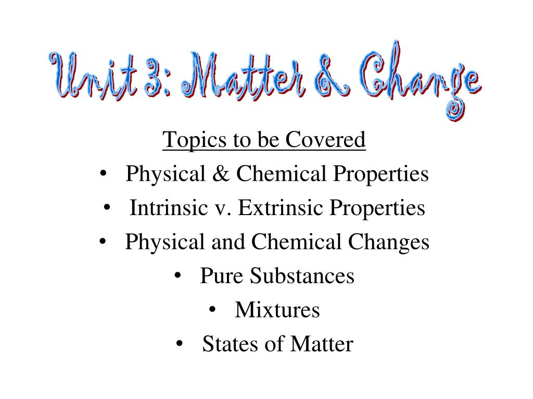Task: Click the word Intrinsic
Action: pyautogui.click(x=166, y=208)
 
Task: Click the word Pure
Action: pyautogui.click(x=220, y=276)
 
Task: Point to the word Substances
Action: pyautogui.click(x=302, y=276)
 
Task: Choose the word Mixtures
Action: pyautogui.click(x=277, y=310)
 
